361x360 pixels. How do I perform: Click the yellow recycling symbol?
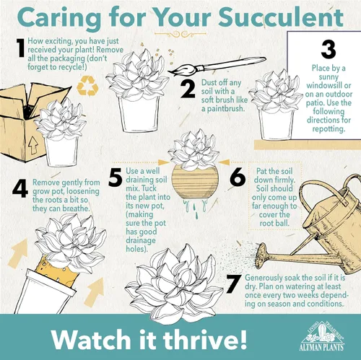[87, 86]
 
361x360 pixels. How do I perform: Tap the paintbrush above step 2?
[217, 66]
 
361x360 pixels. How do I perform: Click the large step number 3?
[329, 49]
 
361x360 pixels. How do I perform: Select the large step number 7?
[234, 284]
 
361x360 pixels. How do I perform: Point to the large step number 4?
[20, 189]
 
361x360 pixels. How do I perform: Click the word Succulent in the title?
[281, 18]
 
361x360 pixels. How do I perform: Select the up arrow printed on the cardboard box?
[33, 146]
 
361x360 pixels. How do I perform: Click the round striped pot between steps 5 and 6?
[195, 182]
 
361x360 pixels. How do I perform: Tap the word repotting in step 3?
[329, 128]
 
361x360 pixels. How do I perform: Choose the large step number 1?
[20, 48]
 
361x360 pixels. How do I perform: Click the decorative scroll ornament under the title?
[180, 34]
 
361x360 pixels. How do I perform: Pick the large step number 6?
[238, 177]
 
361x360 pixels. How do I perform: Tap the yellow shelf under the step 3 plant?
[308, 145]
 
